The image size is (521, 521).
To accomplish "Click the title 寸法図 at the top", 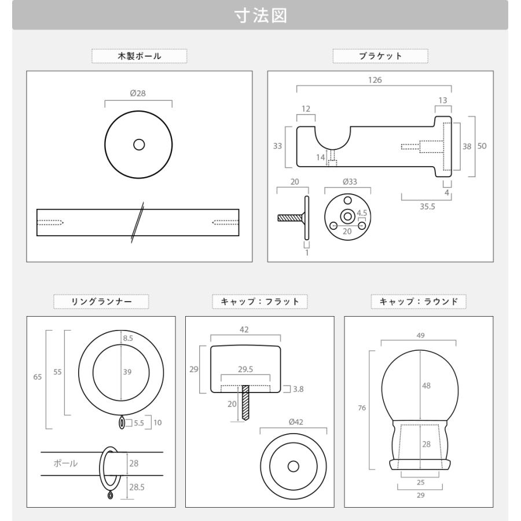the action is coord(260,16).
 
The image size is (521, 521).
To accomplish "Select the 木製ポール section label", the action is coord(140,56).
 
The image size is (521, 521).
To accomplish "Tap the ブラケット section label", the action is coord(380,56).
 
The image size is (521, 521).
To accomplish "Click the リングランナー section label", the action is coord(101,302).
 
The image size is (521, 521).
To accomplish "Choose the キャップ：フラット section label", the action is coord(260,302).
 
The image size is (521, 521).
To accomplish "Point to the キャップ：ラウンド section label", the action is coord(419,302).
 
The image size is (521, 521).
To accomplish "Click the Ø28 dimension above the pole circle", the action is coord(138,93).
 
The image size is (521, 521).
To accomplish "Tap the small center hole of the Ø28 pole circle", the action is coord(139,145).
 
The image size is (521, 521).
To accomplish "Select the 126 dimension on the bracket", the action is coord(375,80).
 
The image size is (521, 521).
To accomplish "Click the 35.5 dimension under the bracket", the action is coord(427,207).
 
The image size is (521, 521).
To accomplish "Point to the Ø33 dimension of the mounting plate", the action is coord(350,182).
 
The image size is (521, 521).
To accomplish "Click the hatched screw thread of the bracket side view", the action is coord(290,218).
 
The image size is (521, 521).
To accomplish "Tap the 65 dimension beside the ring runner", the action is coord(38,377).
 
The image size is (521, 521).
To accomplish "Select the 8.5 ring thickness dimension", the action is coord(128,338).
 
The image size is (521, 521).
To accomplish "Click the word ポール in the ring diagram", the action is coord(65,463).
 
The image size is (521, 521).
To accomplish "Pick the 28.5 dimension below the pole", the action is coord(137,487).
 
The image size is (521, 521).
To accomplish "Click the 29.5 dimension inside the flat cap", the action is coord(245,369).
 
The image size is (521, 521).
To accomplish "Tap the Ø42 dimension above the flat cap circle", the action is coord(296,422).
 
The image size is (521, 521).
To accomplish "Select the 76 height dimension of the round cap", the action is coord(362,408).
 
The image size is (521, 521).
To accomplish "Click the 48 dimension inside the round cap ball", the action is coord(426,386).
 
